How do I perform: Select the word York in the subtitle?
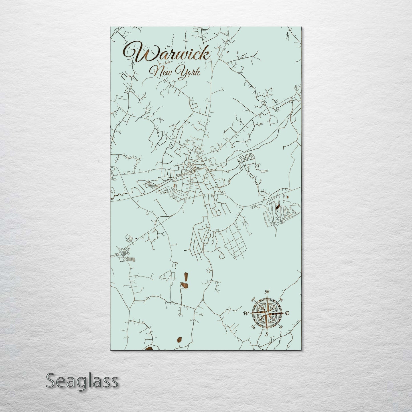coord(188,71)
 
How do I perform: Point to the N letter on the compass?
coord(267,292)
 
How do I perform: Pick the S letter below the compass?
coord(267,334)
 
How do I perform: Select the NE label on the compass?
coord(281,299)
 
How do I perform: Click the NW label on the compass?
coord(253,300)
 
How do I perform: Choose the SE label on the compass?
coord(281,327)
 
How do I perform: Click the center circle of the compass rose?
coord(267,313)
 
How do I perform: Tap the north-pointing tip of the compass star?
coord(267,297)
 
